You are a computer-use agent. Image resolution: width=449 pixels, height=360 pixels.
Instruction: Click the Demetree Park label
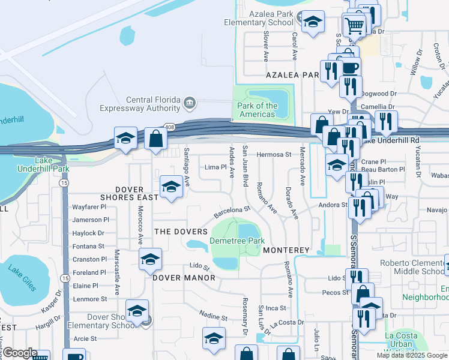pos(237,241)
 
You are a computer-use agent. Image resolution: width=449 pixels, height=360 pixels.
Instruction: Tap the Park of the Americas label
pos(258,110)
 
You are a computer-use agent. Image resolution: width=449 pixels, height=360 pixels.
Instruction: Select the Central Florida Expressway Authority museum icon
pos(190,103)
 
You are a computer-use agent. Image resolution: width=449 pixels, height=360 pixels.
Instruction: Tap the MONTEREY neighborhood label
pos(286,250)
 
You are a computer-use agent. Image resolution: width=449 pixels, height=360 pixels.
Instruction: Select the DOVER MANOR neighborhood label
pos(184,278)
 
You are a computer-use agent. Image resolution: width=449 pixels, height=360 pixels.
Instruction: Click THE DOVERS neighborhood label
pos(181,232)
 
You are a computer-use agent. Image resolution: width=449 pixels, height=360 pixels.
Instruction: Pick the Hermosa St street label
pos(274,154)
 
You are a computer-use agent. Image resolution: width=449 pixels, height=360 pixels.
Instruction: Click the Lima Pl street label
pos(215,167)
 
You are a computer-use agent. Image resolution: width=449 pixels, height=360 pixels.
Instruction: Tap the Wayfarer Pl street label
pos(89,207)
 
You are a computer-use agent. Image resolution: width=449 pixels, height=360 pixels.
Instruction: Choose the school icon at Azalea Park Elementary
pos(312,23)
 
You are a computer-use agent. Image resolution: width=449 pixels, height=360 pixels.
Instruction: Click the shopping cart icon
pos(354,26)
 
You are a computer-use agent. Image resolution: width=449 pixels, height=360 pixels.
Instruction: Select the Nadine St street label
pos(212,314)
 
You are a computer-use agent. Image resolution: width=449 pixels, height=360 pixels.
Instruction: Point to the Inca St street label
pos(276,308)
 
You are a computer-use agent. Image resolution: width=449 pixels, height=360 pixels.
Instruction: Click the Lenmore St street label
pos(89,299)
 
